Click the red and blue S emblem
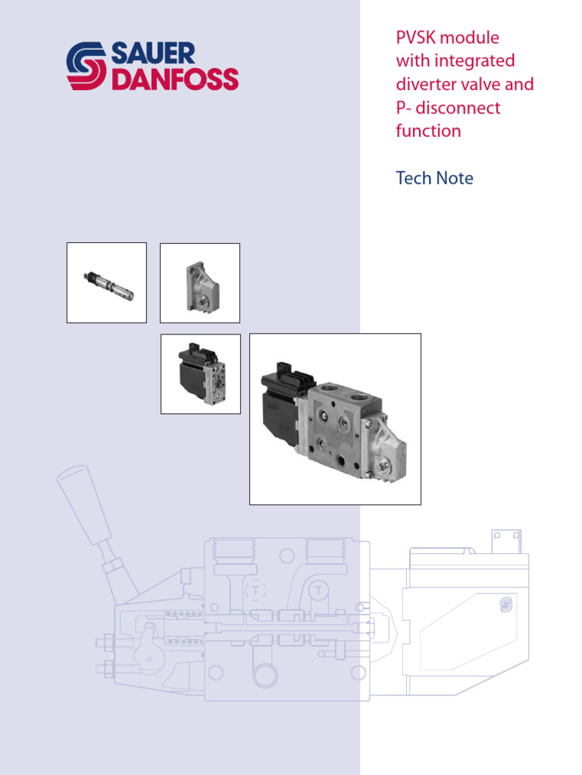(87, 67)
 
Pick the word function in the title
(428, 131)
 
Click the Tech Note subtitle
(434, 179)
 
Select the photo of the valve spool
(107, 283)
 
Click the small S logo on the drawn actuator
(506, 603)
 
